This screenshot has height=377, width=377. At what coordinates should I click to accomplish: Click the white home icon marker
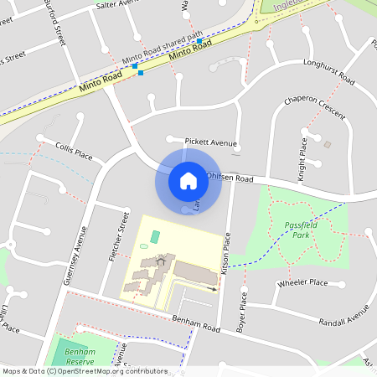point(188,180)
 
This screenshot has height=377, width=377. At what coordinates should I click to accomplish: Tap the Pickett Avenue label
point(211,143)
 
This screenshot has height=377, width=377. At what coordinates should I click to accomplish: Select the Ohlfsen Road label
point(230,178)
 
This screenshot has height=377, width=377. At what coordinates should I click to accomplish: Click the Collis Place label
point(74,152)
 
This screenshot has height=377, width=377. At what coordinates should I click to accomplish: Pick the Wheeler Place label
point(302,283)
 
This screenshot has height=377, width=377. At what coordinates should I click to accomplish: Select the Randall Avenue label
point(345,312)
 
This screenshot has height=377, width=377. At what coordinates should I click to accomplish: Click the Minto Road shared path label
point(163,49)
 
